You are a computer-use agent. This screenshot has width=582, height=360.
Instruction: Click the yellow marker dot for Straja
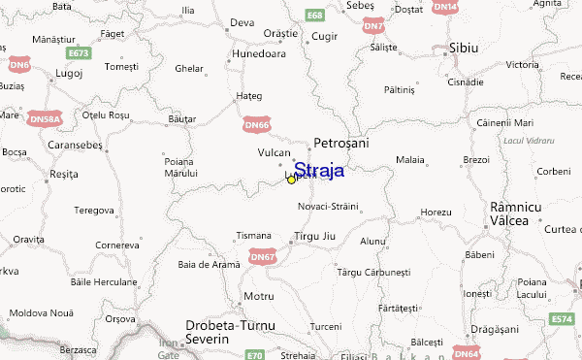(291, 180)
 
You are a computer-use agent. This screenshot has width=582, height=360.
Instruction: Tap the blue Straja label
(318, 170)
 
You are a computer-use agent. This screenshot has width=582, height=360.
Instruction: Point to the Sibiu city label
(463, 48)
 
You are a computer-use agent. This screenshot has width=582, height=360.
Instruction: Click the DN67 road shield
(263, 257)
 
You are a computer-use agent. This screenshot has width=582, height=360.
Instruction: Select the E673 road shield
(80, 52)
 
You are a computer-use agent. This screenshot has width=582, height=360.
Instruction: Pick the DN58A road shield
(43, 119)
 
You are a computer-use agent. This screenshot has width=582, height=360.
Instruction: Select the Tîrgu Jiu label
(313, 236)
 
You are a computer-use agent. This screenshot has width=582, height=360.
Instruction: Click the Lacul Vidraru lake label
(529, 141)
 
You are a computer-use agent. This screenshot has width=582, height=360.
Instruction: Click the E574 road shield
(562, 318)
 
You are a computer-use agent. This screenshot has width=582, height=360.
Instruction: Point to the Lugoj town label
(42, 72)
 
